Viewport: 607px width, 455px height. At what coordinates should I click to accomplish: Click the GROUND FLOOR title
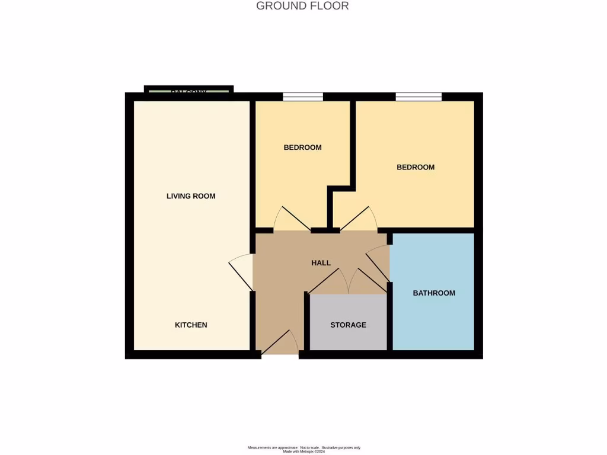pyautogui.click(x=302, y=6)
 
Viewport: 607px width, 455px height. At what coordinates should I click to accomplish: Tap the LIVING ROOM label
pyautogui.click(x=191, y=196)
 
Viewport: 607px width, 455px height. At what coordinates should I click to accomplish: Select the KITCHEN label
pyautogui.click(x=191, y=325)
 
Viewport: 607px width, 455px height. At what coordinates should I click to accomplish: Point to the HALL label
pyautogui.click(x=321, y=263)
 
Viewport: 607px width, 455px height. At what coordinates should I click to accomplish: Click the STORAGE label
pyautogui.click(x=348, y=325)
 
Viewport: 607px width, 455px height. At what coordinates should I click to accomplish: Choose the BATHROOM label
pyautogui.click(x=434, y=293)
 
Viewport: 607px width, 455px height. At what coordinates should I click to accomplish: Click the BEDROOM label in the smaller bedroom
pyautogui.click(x=302, y=148)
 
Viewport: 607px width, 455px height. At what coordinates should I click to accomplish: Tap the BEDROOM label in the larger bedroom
pyautogui.click(x=416, y=167)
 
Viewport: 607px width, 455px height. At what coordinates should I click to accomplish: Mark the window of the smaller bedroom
pyautogui.click(x=302, y=97)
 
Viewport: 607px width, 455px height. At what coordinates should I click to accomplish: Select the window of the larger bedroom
pyautogui.click(x=418, y=97)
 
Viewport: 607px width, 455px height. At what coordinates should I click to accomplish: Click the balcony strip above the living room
pyautogui.click(x=189, y=91)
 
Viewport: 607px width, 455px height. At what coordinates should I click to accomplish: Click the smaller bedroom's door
pyautogui.click(x=292, y=219)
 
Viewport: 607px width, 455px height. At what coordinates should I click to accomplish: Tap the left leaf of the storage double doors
pyautogui.click(x=325, y=281)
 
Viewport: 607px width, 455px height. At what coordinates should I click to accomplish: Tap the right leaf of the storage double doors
pyautogui.click(x=369, y=281)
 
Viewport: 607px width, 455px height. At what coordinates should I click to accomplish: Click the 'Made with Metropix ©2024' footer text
pyautogui.click(x=303, y=451)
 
